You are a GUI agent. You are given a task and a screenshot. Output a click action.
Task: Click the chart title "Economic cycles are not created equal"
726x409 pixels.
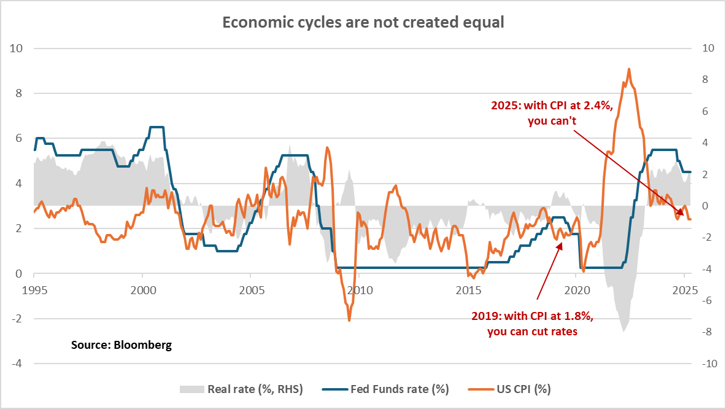click(x=363, y=23)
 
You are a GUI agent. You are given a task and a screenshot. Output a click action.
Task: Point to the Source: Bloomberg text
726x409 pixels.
click(x=121, y=345)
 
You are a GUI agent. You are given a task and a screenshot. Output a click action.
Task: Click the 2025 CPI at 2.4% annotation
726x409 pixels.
click(x=552, y=113)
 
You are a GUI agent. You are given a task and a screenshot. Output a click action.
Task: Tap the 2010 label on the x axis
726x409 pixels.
click(x=359, y=289)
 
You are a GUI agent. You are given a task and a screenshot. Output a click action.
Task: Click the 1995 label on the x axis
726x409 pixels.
click(x=34, y=289)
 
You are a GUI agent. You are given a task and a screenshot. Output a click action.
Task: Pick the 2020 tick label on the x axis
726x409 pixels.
click(x=576, y=289)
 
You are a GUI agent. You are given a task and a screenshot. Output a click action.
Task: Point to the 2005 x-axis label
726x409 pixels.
click(x=250, y=289)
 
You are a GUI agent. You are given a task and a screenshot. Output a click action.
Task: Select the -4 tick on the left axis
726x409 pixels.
click(x=18, y=364)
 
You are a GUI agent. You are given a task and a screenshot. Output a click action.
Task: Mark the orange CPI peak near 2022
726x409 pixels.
click(x=629, y=69)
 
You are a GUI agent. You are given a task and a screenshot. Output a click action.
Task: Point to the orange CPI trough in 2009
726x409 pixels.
click(x=349, y=321)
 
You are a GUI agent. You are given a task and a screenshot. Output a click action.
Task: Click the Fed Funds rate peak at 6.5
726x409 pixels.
click(x=156, y=127)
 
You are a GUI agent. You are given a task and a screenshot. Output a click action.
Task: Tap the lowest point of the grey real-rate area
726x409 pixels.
click(x=624, y=332)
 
